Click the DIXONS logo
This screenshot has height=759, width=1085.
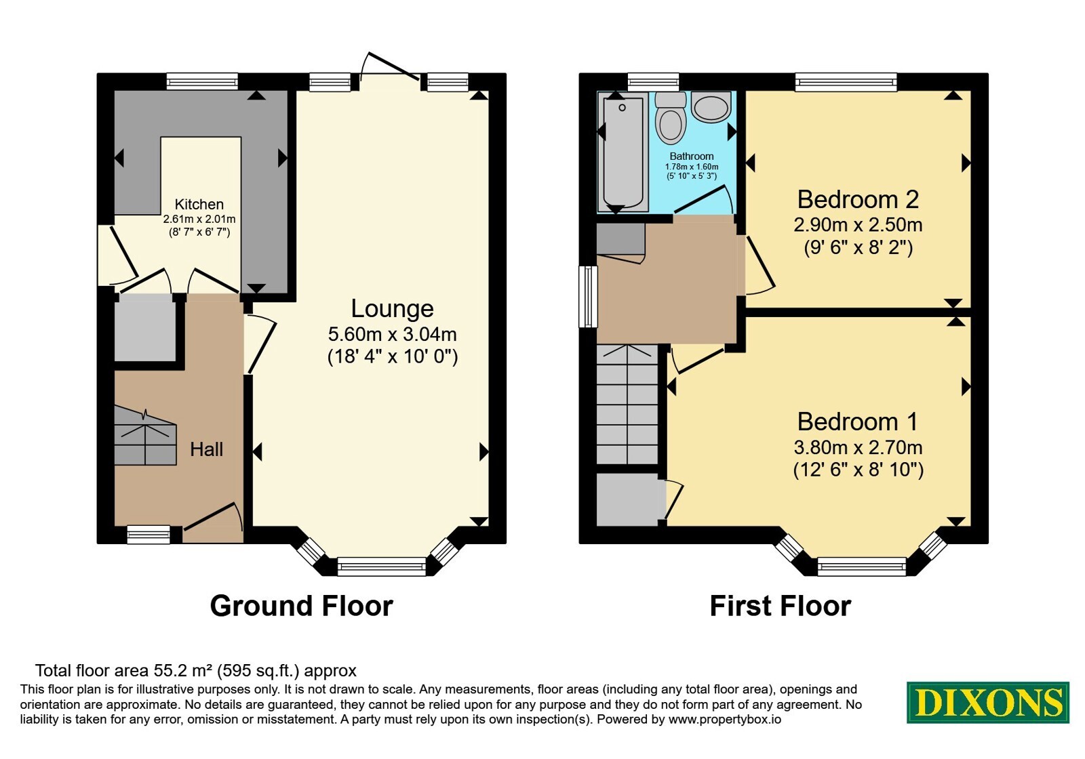click(x=987, y=702)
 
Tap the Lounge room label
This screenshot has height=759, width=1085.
click(x=392, y=308)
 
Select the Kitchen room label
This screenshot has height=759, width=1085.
click(x=199, y=204)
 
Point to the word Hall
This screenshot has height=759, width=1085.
click(x=206, y=449)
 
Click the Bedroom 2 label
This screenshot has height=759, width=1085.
click(x=858, y=199)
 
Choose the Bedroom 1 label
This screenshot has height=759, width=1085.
click(x=857, y=422)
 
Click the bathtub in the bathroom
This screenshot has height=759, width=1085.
click(x=623, y=152)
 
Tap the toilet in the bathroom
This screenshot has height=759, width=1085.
click(x=671, y=118)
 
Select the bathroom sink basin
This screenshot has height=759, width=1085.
click(x=711, y=107)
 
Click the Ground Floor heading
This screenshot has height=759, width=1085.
click(x=301, y=606)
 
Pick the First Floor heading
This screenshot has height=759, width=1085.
click(x=781, y=606)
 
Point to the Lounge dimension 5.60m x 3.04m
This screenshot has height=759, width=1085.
click(x=393, y=334)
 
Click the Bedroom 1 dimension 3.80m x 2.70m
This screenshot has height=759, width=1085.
click(x=858, y=447)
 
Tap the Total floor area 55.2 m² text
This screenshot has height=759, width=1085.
click(x=196, y=670)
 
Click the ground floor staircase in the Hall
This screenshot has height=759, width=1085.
click(x=145, y=436)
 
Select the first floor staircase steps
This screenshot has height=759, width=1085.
click(x=627, y=404)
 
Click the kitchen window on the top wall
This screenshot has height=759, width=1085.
click(x=203, y=81)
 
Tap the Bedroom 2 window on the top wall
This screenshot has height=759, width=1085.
click(x=846, y=81)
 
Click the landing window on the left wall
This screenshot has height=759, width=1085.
click(x=588, y=297)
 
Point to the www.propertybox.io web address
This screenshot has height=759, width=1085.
click(x=725, y=719)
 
